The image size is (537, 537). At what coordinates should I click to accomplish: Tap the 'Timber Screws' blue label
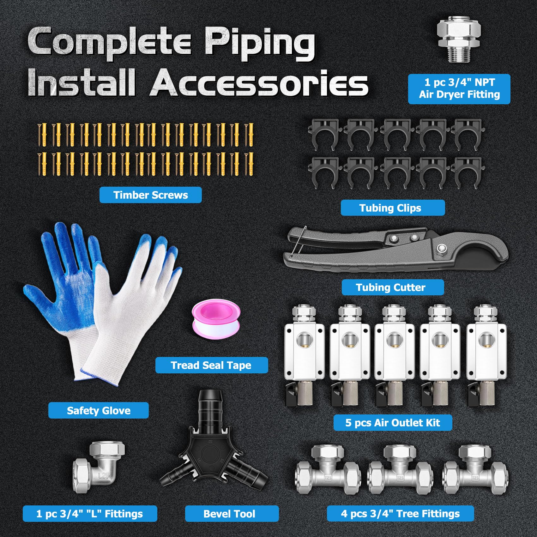(x=150, y=195)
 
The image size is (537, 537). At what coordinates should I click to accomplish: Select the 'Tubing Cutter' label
(x=392, y=287)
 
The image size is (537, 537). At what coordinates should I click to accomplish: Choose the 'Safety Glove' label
(x=98, y=410)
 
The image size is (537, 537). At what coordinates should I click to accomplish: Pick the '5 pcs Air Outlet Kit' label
(x=392, y=423)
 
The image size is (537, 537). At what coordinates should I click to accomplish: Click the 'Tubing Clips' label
(x=392, y=208)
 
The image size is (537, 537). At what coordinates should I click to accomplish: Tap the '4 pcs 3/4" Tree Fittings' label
(x=400, y=514)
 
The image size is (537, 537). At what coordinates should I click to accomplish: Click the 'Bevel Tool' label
(x=232, y=514)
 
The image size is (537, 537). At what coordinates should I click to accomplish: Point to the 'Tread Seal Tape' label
(x=211, y=365)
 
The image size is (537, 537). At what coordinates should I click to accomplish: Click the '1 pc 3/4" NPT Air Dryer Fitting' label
(x=459, y=89)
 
